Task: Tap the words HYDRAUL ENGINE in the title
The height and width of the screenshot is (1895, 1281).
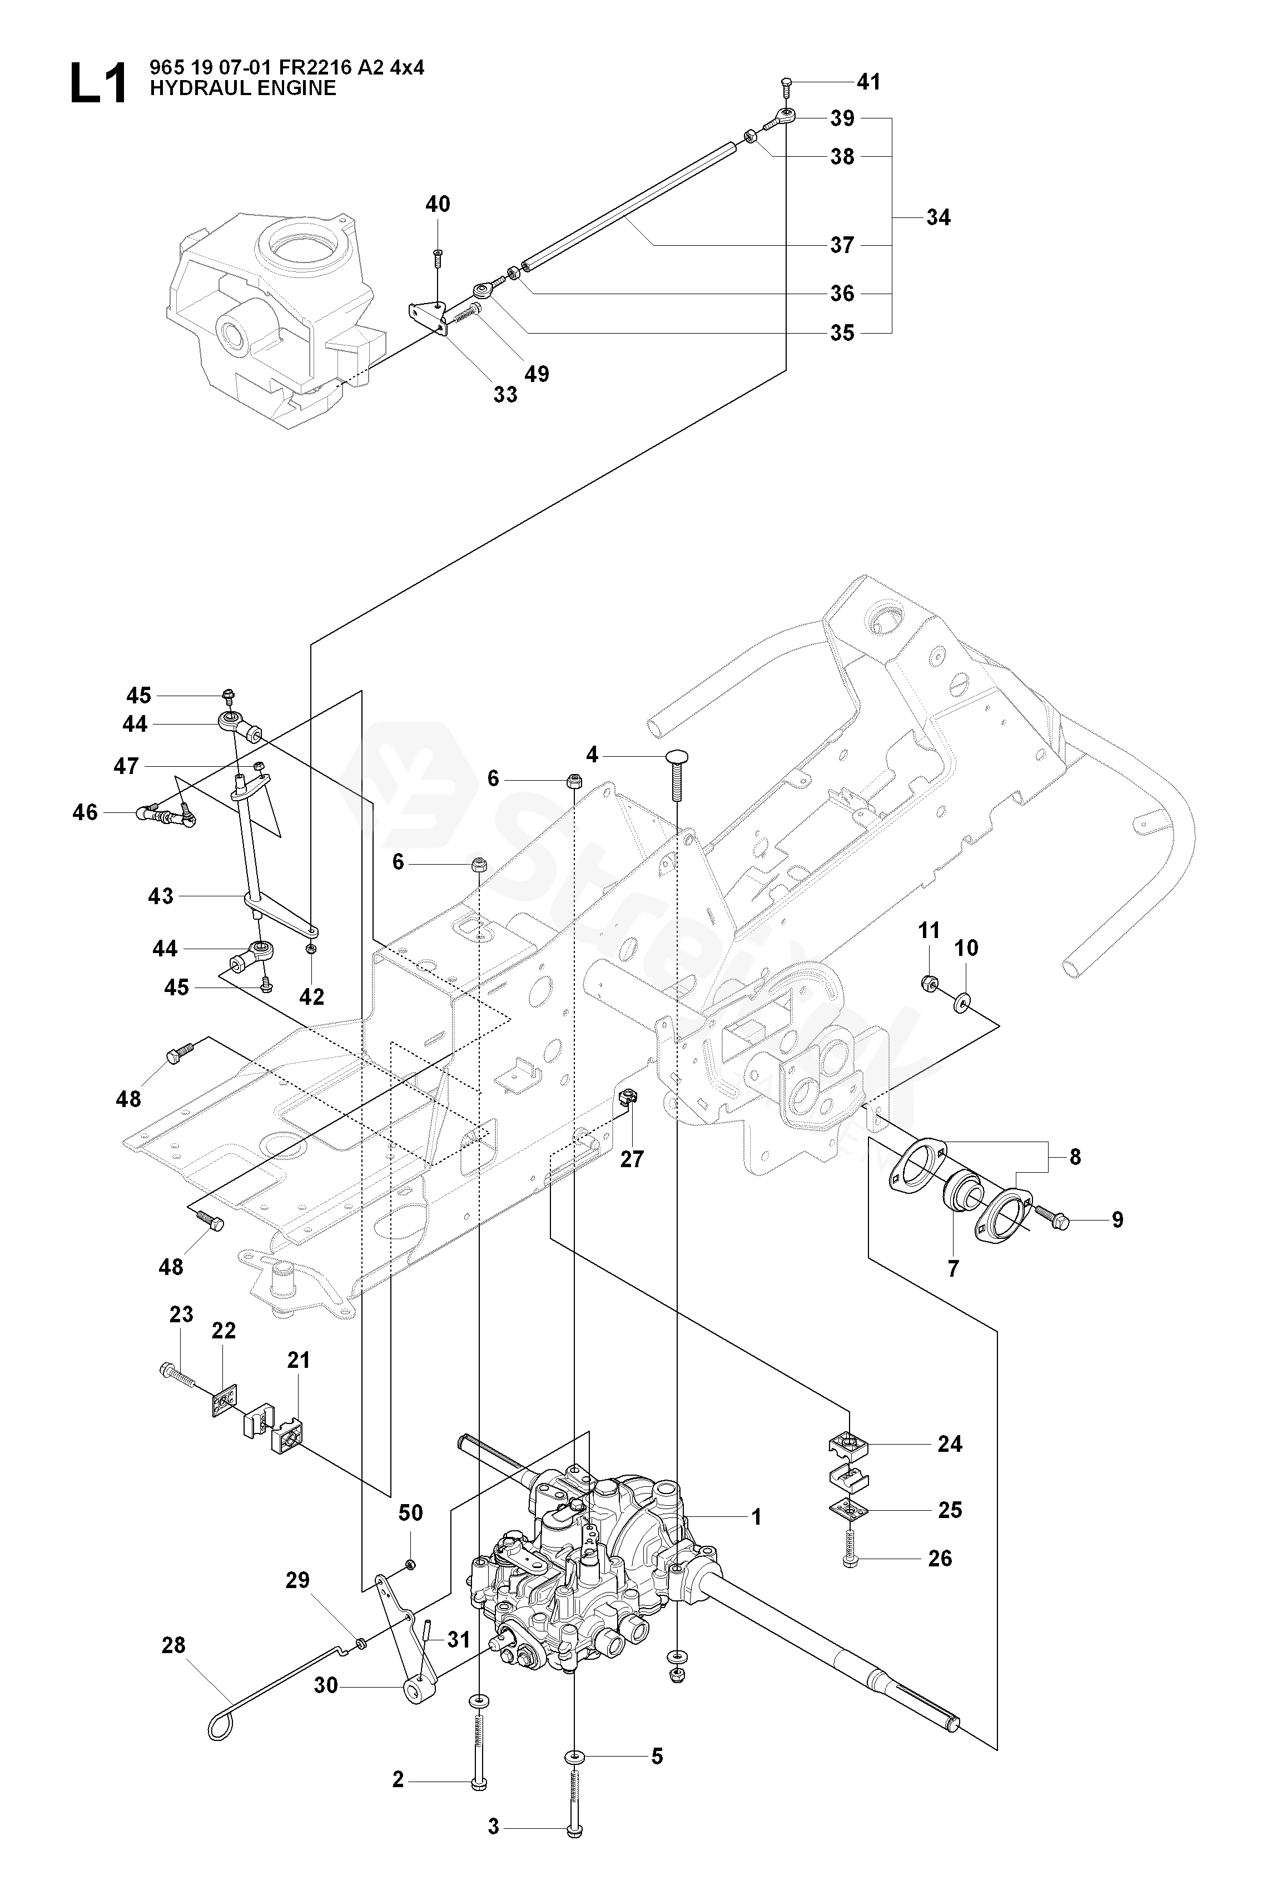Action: (242, 88)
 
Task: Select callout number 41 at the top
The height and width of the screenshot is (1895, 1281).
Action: (868, 82)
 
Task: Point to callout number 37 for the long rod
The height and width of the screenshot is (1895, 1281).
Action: (842, 245)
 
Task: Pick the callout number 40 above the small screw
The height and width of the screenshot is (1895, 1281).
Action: (438, 204)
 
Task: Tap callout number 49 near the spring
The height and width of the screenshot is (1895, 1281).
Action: (537, 374)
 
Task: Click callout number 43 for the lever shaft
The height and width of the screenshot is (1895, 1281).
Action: (161, 896)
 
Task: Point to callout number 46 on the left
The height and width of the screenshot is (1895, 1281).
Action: (85, 812)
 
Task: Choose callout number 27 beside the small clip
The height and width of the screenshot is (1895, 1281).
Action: (632, 1159)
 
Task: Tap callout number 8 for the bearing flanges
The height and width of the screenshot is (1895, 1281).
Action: (1075, 1156)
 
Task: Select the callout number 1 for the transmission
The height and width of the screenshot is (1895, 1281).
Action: (756, 1517)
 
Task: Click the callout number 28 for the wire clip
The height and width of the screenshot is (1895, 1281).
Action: (173, 1645)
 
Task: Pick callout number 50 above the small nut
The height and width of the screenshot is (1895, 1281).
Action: (410, 1512)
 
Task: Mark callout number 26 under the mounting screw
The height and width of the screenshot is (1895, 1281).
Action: (940, 1558)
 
